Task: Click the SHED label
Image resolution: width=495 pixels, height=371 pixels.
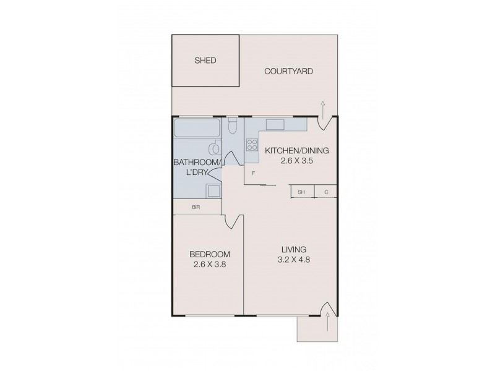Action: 205,61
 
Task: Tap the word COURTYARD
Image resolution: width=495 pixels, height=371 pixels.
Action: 288,71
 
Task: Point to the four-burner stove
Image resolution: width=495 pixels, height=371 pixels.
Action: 252,145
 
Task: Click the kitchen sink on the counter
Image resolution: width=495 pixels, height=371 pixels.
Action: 275,124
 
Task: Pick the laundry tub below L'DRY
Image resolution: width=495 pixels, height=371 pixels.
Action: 213,190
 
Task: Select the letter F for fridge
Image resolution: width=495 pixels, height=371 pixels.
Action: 254,174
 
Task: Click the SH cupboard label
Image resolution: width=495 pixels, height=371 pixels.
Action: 302,192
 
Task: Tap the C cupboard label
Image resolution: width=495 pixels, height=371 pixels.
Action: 326,192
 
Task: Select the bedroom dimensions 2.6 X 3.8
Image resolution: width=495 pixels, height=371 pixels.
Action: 210,265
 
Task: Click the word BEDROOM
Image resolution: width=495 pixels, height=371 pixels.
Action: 210,254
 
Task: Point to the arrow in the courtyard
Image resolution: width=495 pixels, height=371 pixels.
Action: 323,106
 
